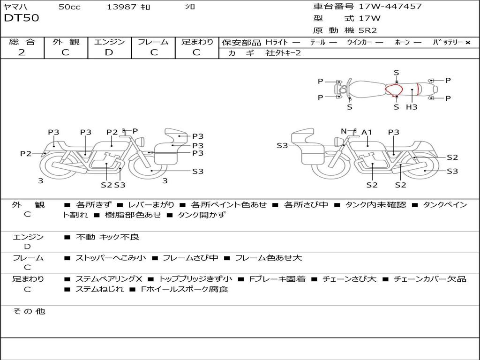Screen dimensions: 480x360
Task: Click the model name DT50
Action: [22, 18]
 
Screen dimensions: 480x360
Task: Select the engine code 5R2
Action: [367, 30]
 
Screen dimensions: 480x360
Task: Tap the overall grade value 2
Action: [22, 52]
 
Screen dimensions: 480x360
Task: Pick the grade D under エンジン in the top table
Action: [109, 52]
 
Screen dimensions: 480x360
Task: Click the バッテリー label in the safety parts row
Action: [448, 42]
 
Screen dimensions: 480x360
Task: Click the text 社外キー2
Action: [283, 53]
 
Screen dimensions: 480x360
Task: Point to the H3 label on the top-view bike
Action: [412, 107]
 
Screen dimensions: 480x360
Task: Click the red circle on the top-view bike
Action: [393, 90]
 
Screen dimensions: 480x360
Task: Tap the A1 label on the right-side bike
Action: [367, 132]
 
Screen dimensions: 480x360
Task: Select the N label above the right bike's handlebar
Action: [344, 131]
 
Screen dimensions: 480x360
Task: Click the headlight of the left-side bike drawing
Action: [141, 142]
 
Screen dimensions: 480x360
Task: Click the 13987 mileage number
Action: [121, 7]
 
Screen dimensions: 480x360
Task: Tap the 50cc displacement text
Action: [69, 7]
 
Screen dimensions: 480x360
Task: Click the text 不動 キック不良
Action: [107, 237]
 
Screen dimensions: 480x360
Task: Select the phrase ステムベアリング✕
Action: [109, 279]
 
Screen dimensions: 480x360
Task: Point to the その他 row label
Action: [29, 311]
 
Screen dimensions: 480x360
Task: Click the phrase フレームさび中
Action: [190, 258]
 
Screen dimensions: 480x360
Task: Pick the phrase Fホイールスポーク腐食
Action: [185, 289]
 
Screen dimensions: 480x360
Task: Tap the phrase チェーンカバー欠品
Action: [430, 279]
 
